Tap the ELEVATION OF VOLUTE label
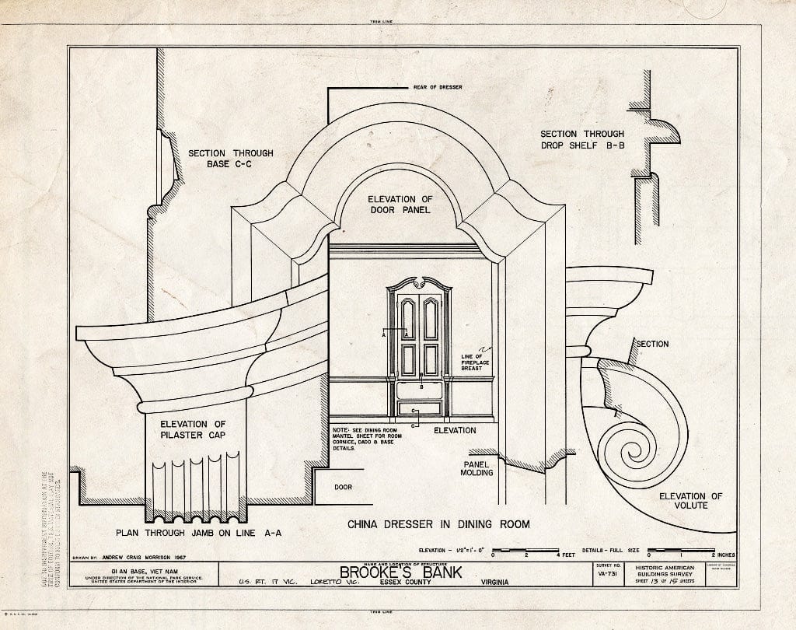click(690, 500)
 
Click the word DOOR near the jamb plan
click(343, 488)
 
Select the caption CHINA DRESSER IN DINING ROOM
click(438, 524)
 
